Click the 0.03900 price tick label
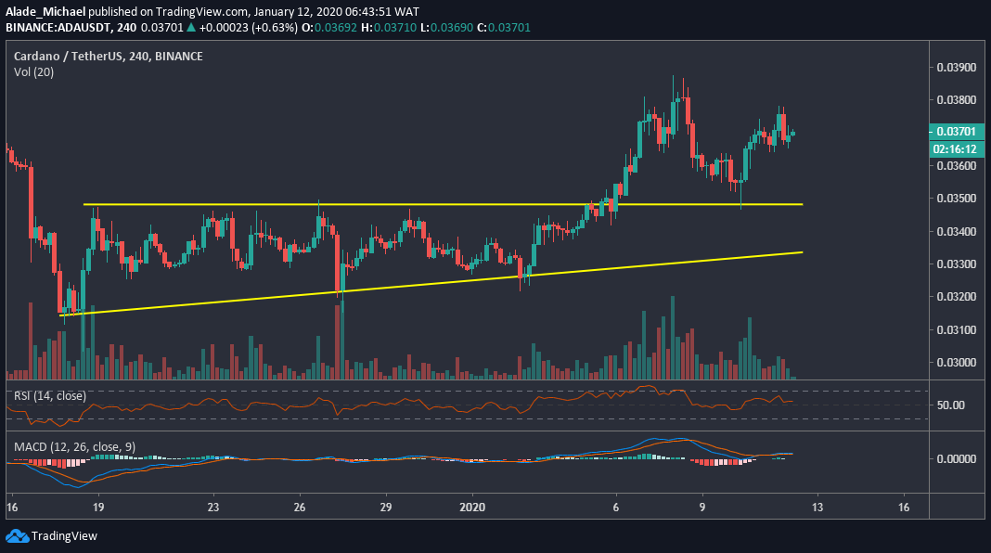click(x=956, y=68)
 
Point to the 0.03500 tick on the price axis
click(x=956, y=199)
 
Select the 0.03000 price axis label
click(x=956, y=363)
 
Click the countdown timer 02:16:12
click(x=956, y=148)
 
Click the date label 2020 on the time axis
click(x=472, y=508)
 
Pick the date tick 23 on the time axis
click(x=213, y=508)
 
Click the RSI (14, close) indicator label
click(x=50, y=396)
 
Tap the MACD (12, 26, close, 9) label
click(x=74, y=447)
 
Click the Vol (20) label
click(x=33, y=71)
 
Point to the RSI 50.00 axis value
click(x=951, y=405)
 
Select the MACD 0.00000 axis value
click(x=956, y=458)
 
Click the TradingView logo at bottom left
click(x=52, y=536)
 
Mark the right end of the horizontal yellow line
click(x=802, y=204)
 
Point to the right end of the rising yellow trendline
click(x=802, y=252)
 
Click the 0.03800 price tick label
click(x=956, y=100)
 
